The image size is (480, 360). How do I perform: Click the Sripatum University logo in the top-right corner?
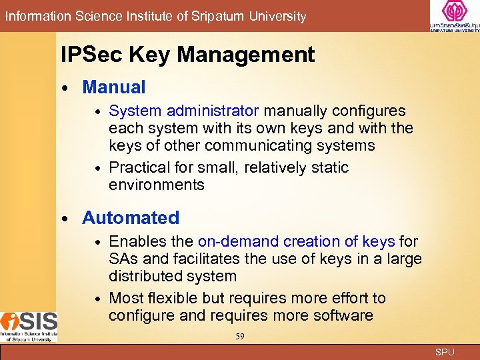455,16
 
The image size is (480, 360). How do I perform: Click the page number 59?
239,337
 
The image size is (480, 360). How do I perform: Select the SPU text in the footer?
445,352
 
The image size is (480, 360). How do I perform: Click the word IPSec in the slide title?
87,55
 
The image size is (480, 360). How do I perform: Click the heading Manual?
113,87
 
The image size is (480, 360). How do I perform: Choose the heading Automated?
131,218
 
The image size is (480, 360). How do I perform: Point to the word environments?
157,185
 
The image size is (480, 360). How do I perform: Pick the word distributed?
146,276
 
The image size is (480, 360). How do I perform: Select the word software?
341,315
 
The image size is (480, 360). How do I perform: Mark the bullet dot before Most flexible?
98,299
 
